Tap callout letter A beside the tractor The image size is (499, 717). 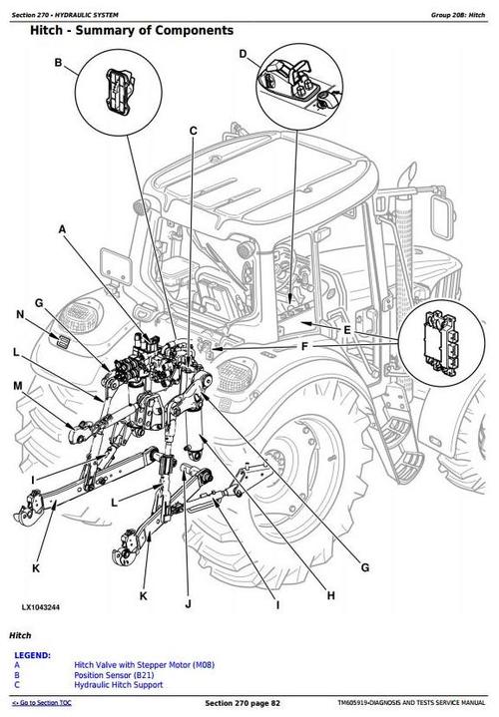(x=63, y=229)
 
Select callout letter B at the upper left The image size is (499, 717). (x=58, y=64)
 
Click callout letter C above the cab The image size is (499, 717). (x=193, y=131)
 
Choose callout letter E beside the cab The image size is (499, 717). (x=346, y=329)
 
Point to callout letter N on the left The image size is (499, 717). (x=18, y=316)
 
